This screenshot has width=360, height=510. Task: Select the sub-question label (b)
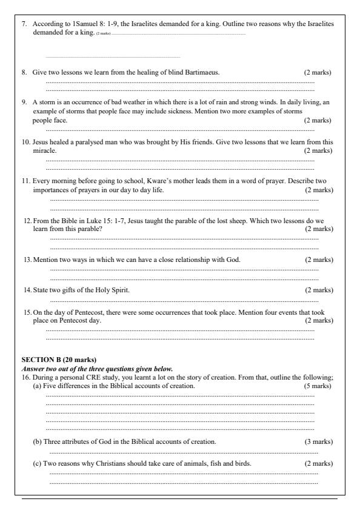(37, 441)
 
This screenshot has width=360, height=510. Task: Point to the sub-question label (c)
(37, 464)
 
